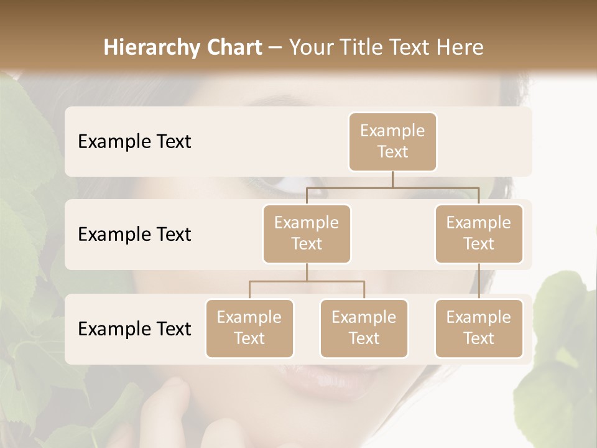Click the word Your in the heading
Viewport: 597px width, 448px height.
point(310,48)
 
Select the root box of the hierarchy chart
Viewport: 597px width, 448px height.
point(392,141)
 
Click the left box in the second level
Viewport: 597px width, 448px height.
point(307,233)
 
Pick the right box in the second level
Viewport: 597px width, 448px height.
point(479,233)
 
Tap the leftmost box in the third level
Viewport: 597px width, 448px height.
point(249,328)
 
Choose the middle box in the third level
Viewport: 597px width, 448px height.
point(364,328)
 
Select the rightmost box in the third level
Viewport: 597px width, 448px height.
point(479,328)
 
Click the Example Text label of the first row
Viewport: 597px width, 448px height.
point(134,142)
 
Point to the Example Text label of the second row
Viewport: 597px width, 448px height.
point(134,235)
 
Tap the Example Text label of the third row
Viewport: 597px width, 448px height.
point(134,329)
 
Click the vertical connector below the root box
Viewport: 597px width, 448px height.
point(392,179)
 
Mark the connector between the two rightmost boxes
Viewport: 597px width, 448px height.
point(479,281)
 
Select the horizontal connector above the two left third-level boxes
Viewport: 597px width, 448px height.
point(307,281)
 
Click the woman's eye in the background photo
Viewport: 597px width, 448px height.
point(292,184)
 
